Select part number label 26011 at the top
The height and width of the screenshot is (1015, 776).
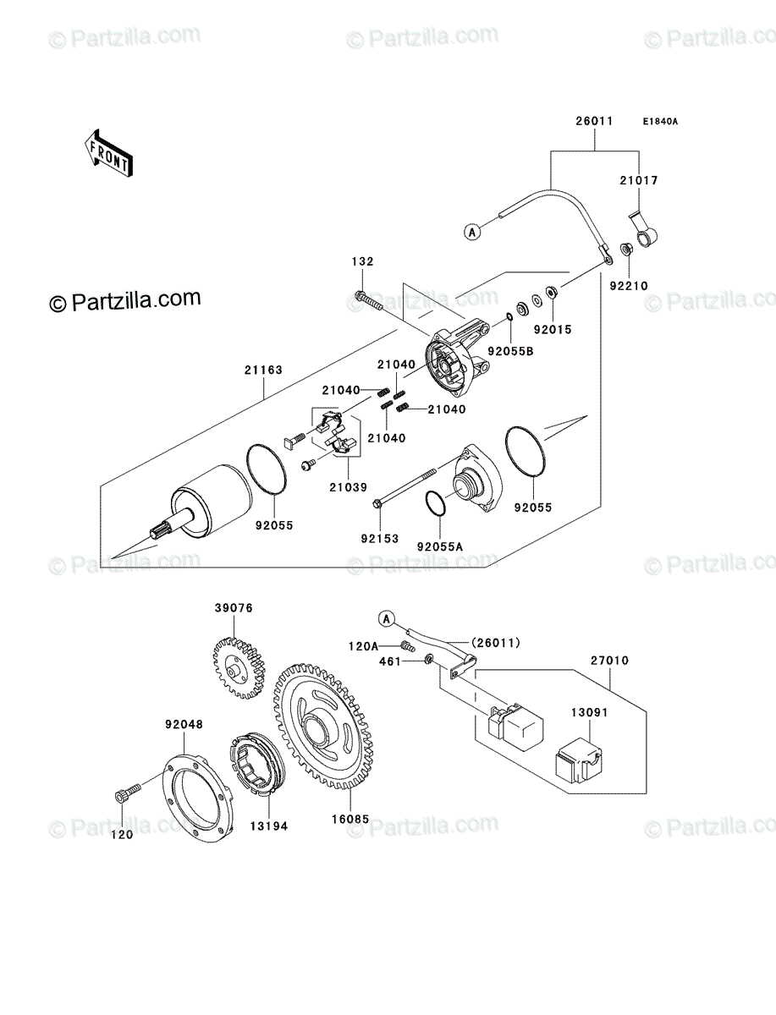click(x=594, y=121)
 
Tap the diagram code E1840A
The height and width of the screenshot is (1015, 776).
click(x=660, y=122)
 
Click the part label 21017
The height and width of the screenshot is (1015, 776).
click(x=639, y=180)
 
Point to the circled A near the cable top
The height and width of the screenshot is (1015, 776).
click(x=472, y=232)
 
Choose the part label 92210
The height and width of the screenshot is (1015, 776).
click(x=629, y=286)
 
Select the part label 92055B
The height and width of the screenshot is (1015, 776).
click(x=510, y=351)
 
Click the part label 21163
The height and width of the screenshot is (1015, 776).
click(x=263, y=370)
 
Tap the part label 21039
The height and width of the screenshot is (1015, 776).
click(x=349, y=487)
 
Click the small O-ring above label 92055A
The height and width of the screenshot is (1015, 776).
click(x=436, y=503)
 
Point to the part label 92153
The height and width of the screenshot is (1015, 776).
click(x=380, y=539)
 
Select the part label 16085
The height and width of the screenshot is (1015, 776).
click(x=350, y=820)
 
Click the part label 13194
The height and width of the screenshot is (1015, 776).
click(x=269, y=826)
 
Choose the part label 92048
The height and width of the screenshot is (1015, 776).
click(x=184, y=724)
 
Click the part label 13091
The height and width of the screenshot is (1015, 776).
click(x=589, y=712)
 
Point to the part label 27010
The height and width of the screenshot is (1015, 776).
click(x=609, y=661)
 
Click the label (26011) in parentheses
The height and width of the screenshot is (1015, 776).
click(x=496, y=643)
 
